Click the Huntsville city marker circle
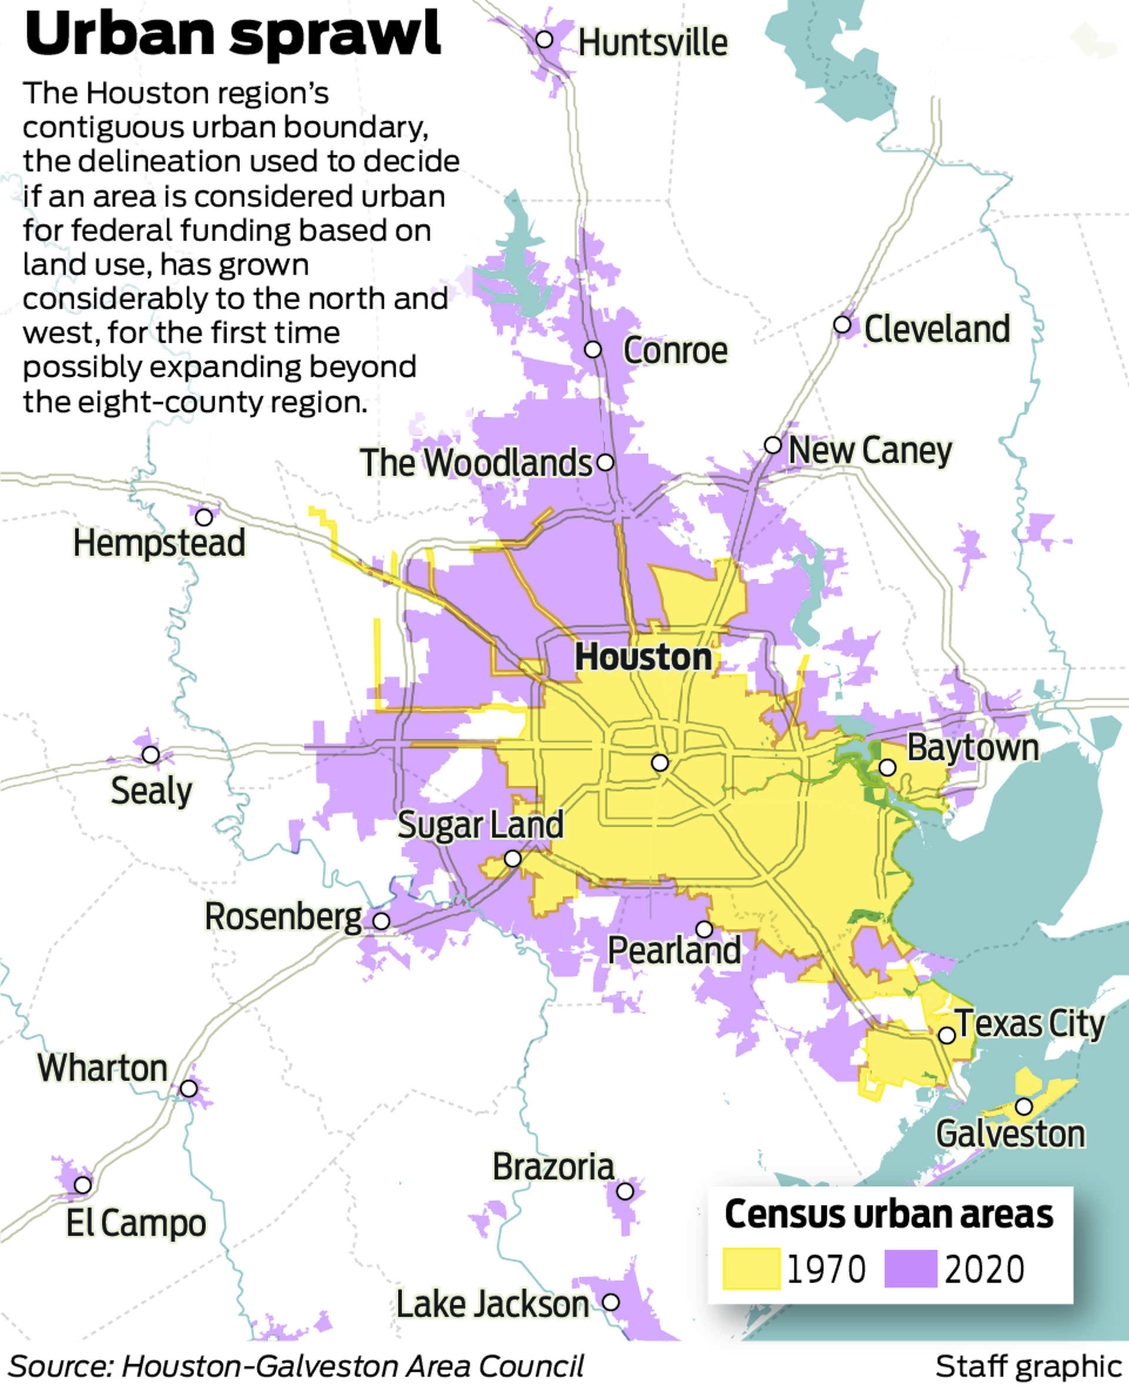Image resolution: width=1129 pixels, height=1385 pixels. click(545, 39)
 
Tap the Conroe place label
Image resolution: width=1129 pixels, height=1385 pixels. click(675, 351)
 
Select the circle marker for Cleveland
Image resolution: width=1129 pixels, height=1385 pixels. click(842, 324)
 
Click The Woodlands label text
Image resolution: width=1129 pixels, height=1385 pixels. click(476, 463)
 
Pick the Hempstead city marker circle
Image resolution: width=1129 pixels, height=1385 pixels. click(204, 517)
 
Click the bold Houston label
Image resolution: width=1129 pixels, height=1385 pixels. click(643, 657)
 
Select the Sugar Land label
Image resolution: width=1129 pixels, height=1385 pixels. click(480, 825)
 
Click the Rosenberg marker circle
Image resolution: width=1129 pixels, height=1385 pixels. click(381, 921)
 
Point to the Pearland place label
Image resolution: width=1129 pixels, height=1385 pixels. click(674, 950)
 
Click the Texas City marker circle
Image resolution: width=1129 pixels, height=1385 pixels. click(947, 1036)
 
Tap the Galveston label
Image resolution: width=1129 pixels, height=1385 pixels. click(1010, 1134)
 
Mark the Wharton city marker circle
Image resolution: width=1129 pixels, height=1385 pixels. click(189, 1088)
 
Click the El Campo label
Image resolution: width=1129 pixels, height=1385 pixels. click(136, 1223)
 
